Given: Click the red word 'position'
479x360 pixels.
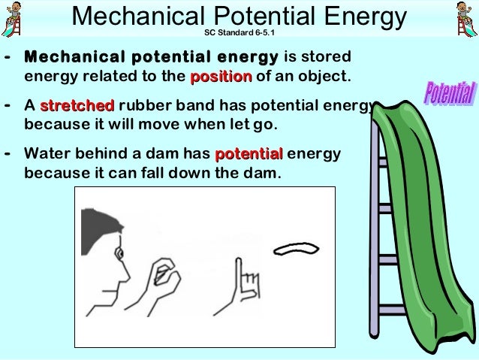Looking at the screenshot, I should point(221,77).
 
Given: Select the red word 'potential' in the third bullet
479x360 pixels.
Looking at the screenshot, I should point(249,155).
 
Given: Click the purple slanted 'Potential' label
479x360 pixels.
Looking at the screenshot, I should point(449,94).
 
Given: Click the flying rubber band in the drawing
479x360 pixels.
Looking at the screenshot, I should point(298,248).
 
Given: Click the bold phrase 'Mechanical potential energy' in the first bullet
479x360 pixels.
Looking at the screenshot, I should point(151,58).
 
